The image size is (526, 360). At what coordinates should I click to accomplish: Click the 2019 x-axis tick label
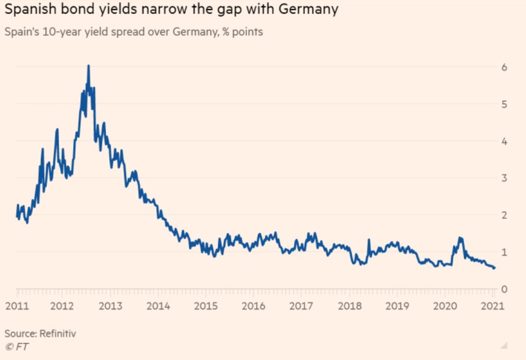[x=396, y=306]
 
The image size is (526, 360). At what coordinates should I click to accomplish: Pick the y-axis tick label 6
[x=504, y=67]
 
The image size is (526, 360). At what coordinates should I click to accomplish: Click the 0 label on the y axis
[x=504, y=289]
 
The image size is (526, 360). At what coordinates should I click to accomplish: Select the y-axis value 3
[x=504, y=178]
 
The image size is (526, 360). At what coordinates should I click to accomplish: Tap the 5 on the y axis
[x=504, y=104]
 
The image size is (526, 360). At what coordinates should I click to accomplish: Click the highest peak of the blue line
[x=88, y=65]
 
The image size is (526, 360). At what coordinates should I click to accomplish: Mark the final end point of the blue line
[x=494, y=268]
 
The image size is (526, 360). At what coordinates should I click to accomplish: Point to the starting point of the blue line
[x=17, y=216]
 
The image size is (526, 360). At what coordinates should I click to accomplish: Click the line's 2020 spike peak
[x=460, y=237]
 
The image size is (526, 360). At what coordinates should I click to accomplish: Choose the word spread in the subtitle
[x=122, y=32]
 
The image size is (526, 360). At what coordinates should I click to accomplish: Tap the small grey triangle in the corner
[x=504, y=346]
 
